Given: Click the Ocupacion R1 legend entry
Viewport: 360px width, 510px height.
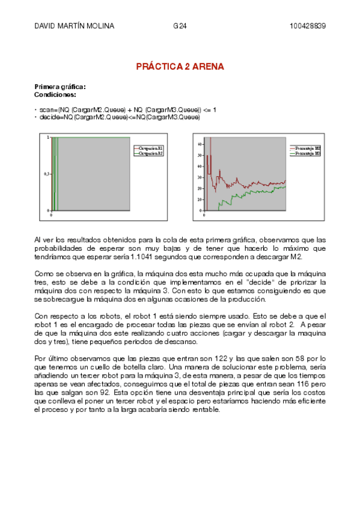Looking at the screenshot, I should [x=150, y=147].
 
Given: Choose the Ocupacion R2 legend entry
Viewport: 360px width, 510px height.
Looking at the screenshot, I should [x=150, y=153].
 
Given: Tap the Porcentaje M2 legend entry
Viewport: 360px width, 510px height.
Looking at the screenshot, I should [x=308, y=147].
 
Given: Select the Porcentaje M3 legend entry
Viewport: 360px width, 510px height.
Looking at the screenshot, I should [x=308, y=153].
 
